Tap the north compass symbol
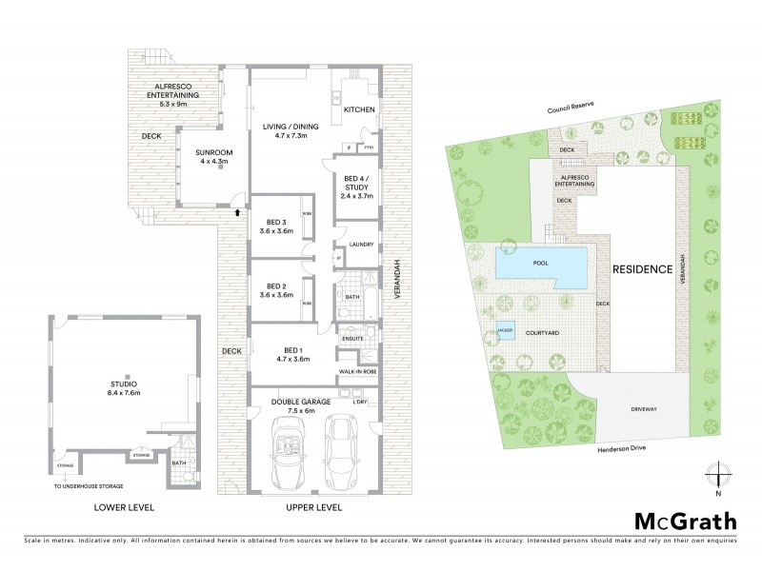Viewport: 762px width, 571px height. (720, 475)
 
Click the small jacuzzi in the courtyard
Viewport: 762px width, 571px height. (505, 332)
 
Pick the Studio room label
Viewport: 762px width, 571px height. (124, 387)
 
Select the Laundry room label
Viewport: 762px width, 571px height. (360, 245)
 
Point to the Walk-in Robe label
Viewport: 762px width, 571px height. (358, 371)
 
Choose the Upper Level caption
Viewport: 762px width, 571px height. (314, 509)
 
